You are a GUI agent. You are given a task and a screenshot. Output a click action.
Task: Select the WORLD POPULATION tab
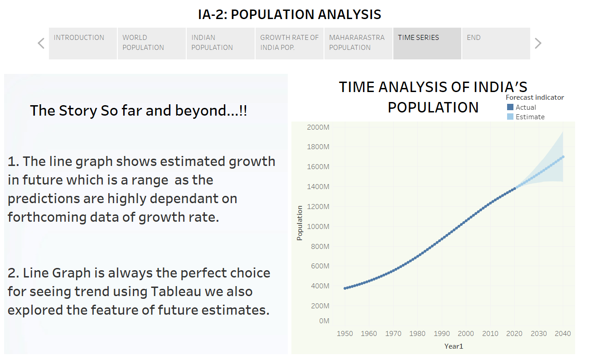pyautogui.click(x=152, y=43)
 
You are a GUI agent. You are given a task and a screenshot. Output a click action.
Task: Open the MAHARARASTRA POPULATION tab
pyautogui.click(x=358, y=43)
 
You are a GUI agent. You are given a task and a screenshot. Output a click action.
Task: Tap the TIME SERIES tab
pyautogui.click(x=427, y=43)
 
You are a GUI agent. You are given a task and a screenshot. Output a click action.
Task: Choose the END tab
pyautogui.click(x=496, y=43)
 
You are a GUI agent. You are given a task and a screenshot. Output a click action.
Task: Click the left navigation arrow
pyautogui.click(x=41, y=44)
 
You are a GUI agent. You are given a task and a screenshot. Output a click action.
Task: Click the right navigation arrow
pyautogui.click(x=538, y=44)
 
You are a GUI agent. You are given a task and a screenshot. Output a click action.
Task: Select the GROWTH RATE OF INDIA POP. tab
pyautogui.click(x=289, y=43)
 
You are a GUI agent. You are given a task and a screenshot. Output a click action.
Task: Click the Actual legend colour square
pyautogui.click(x=510, y=107)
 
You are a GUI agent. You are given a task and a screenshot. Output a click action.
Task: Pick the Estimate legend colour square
pyautogui.click(x=510, y=117)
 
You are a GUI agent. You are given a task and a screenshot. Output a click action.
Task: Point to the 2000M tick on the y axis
pyautogui.click(x=318, y=127)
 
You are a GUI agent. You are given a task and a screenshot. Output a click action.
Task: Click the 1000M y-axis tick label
pyautogui.click(x=318, y=226)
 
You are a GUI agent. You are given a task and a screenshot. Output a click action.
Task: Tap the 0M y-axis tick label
pyautogui.click(x=324, y=321)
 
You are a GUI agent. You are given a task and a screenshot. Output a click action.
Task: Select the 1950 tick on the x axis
pyautogui.click(x=345, y=334)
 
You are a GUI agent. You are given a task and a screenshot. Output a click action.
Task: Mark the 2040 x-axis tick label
pyautogui.click(x=562, y=334)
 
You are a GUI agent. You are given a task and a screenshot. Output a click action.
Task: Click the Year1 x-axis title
pyautogui.click(x=454, y=346)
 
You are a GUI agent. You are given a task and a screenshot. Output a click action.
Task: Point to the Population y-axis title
pyautogui.click(x=300, y=223)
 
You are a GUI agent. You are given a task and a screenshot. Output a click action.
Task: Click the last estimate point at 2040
pyautogui.click(x=563, y=157)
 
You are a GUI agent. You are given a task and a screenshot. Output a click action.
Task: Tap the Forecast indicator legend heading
pyautogui.click(x=535, y=97)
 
